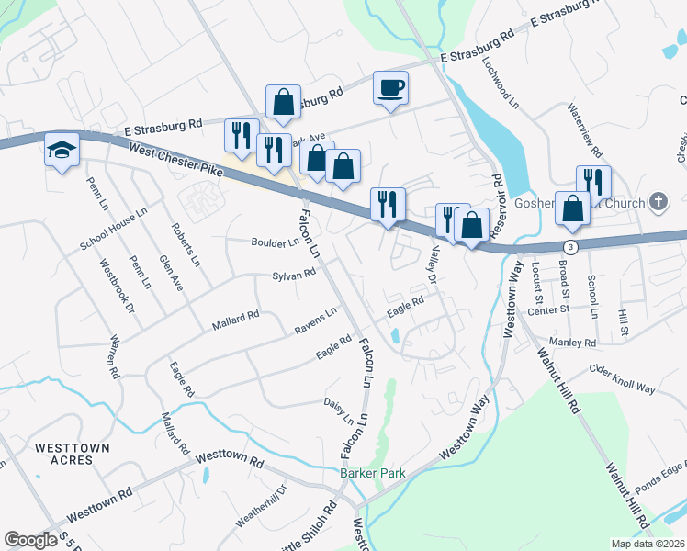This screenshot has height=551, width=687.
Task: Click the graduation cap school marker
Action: click(62, 151)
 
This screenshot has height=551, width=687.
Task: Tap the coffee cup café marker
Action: click(390, 88)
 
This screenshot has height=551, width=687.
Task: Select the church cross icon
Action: click(658, 201)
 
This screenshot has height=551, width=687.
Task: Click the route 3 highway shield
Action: click(571, 247)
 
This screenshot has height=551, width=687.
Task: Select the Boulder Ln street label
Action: click(275, 243)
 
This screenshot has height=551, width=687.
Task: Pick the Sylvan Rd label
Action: click(294, 275)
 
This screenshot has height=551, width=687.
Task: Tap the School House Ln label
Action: click(113, 229)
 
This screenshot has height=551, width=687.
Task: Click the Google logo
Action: click(30, 539)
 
